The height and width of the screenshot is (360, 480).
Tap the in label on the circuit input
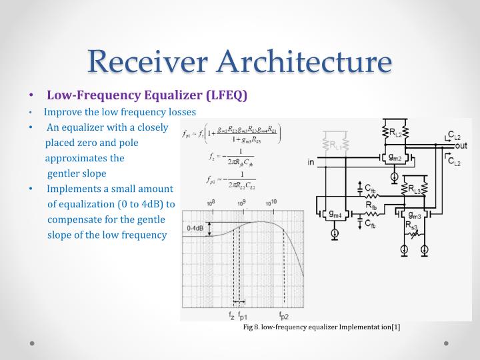coord(311,162)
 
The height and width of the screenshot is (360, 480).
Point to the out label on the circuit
coord(460,146)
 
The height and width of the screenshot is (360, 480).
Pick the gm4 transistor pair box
coord(335,215)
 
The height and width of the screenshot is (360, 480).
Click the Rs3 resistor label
coord(412,227)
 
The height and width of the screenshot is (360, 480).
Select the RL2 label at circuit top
coord(396,131)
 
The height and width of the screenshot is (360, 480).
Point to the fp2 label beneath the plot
coord(284,315)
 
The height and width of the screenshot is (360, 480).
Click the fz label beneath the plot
coord(231,315)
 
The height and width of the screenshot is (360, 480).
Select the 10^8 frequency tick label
coord(210,203)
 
